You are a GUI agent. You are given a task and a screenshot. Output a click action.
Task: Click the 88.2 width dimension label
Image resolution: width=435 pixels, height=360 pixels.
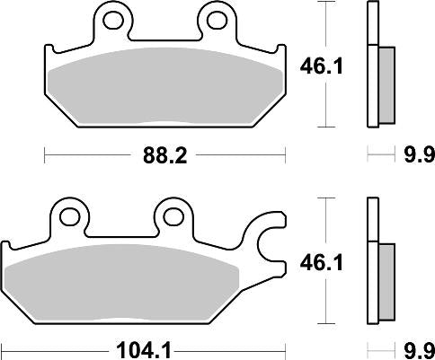(x=164, y=156)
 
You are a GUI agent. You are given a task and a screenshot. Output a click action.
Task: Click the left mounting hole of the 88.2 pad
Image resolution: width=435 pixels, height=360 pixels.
(x=111, y=18)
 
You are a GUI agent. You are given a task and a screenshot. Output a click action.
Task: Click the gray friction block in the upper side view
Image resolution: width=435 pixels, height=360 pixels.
(x=386, y=84)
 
